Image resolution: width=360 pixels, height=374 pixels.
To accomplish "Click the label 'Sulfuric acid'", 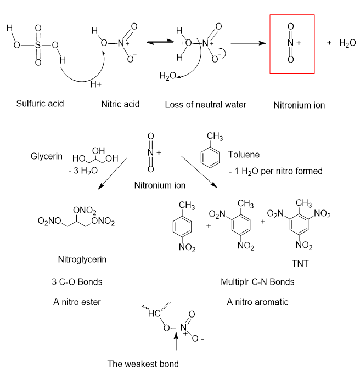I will [40, 103].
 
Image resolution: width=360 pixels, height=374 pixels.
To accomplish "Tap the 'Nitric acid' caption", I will [121, 104].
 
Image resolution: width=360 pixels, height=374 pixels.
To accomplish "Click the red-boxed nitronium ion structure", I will [291, 44].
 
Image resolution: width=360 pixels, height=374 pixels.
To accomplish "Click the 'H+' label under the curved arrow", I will [96, 84].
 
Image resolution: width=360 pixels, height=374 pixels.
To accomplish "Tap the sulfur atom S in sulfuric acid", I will [38, 45].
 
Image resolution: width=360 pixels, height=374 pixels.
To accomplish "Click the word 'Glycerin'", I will [46, 156].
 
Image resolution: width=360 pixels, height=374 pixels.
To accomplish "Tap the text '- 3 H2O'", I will [79, 171].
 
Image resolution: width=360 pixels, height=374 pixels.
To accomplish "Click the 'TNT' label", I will [300, 264].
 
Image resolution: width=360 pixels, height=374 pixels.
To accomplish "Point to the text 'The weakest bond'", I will [143, 363].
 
